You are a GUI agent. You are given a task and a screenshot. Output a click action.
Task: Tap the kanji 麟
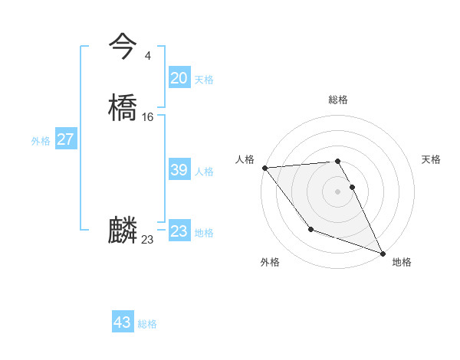123,231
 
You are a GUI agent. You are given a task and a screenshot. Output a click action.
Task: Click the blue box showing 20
179,78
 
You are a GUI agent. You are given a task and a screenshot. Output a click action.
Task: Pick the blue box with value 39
179,171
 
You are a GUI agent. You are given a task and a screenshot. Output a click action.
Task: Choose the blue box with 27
66,139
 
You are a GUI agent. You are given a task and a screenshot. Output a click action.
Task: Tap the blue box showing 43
123,322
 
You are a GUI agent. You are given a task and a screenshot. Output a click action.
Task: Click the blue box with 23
179,231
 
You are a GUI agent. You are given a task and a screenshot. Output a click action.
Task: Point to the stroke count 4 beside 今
147,55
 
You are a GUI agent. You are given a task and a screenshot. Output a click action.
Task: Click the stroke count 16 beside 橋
147,117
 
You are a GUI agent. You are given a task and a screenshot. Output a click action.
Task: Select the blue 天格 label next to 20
204,80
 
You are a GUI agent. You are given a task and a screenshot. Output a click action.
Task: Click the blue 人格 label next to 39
204,172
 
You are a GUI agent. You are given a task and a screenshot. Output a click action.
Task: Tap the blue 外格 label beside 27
41,141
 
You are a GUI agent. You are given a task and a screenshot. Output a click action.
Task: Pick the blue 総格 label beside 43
147,324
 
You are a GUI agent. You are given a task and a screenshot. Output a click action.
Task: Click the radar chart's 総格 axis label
338,100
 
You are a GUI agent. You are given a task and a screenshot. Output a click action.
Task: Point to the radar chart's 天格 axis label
431,159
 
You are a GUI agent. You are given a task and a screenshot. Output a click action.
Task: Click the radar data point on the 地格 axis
383,254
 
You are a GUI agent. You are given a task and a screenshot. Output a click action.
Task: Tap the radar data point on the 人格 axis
264,168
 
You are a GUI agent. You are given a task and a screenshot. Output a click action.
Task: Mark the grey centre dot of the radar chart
338,191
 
